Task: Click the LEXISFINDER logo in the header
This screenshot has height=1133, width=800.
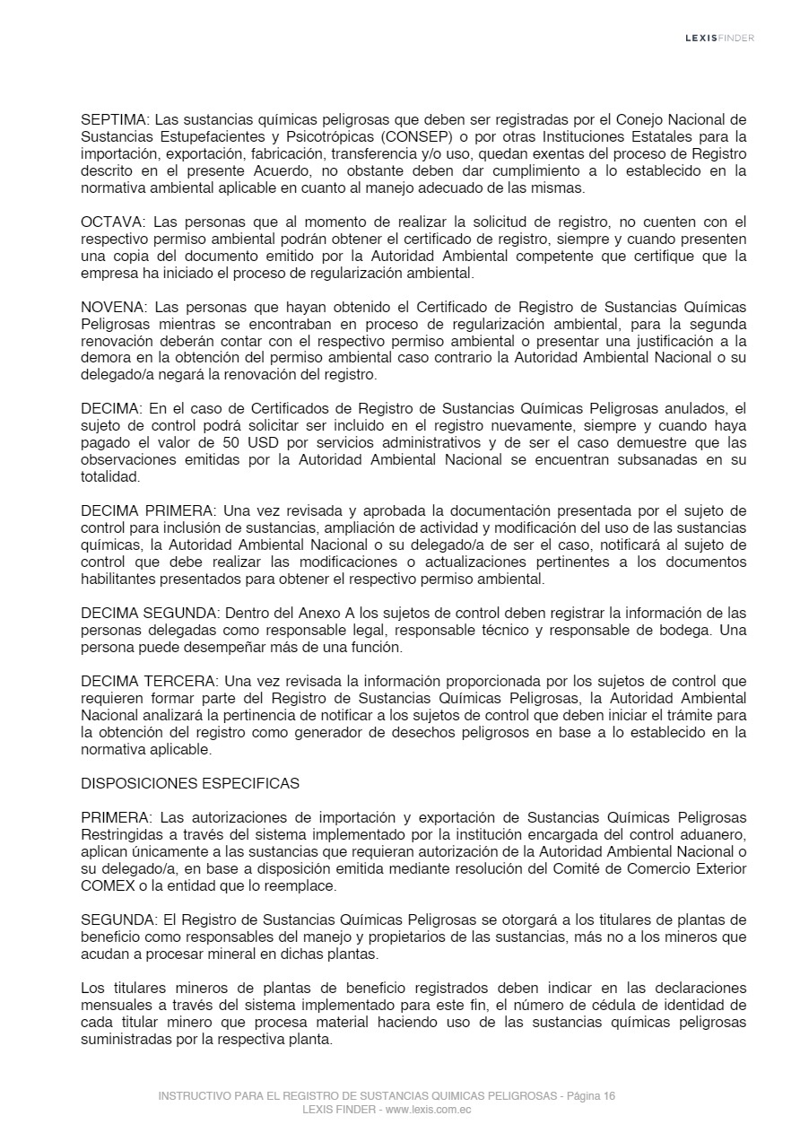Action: click(x=719, y=38)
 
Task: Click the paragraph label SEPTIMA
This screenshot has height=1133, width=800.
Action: click(x=113, y=119)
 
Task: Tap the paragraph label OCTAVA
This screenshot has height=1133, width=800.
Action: click(x=112, y=222)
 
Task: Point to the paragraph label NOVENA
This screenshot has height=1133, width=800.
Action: click(x=112, y=307)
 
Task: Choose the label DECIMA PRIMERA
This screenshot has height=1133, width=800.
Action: click(x=147, y=511)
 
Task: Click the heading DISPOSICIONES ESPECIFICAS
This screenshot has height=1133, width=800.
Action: click(x=190, y=783)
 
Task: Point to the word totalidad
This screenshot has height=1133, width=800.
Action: click(x=110, y=477)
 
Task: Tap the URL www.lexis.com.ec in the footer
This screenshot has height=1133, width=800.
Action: click(x=429, y=1110)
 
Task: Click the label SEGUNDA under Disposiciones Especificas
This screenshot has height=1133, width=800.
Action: click(x=115, y=920)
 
